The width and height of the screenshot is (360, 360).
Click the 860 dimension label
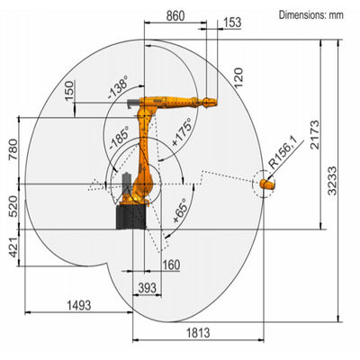point(175,15)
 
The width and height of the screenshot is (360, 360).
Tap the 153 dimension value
point(232,22)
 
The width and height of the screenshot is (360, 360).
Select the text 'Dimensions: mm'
point(311,14)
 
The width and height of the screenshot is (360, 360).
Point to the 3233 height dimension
point(332,181)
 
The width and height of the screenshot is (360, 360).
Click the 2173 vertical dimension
point(315,135)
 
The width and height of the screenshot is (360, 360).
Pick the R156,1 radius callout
point(283,152)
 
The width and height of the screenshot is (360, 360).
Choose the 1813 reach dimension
point(198,333)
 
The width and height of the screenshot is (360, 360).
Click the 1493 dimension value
point(78,305)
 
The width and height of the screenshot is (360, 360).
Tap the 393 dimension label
point(148,288)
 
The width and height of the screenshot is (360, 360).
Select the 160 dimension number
point(171,265)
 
